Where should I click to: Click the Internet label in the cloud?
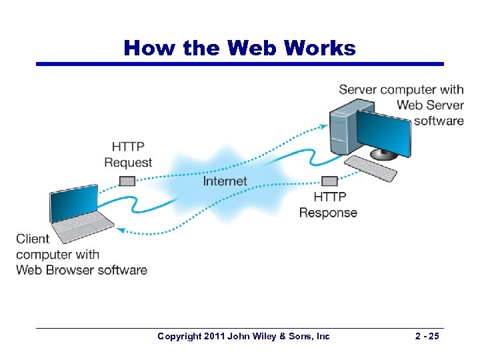point(225,181)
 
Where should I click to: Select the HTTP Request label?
point(128,155)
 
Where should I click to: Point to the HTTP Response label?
point(328,205)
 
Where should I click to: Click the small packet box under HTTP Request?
point(127,181)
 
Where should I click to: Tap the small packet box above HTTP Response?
point(329,181)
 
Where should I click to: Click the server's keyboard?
point(373,168)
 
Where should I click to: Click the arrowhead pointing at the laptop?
point(120,230)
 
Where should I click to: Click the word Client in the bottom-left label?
point(33,239)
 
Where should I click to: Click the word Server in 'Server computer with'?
point(358,89)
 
